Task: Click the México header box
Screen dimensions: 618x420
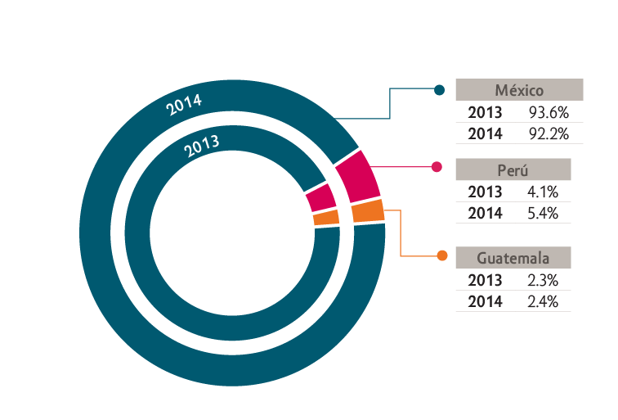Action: [519, 89]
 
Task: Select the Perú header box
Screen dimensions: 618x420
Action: [513, 169]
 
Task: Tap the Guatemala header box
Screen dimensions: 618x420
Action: [513, 258]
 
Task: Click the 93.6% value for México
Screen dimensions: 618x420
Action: [549, 113]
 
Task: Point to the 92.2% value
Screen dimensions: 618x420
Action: [549, 134]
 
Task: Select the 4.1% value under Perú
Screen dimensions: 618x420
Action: [543, 192]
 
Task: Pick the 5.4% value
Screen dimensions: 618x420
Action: [543, 214]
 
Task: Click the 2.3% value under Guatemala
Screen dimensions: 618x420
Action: [543, 281]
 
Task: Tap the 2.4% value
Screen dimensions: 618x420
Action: [543, 302]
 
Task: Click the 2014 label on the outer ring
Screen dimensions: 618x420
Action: [184, 105]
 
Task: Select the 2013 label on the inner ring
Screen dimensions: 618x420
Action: [201, 147]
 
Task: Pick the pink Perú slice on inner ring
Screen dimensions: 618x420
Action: [321, 197]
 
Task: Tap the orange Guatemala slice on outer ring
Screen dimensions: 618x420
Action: [368, 211]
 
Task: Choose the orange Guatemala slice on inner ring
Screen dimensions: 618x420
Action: [326, 218]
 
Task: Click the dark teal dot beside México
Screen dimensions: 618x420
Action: [439, 90]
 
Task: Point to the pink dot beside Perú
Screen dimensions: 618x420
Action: [437, 167]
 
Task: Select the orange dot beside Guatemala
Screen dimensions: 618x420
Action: [442, 255]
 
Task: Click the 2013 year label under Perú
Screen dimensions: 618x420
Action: [486, 192]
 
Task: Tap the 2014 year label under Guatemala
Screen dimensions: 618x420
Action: [486, 302]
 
